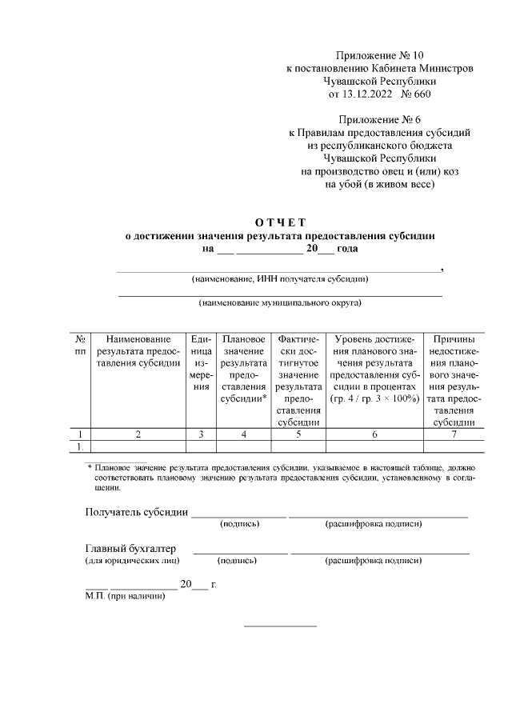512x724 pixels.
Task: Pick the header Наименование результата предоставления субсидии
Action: click(x=138, y=351)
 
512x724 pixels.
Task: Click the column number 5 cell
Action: click(x=298, y=434)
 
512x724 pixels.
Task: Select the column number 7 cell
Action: click(x=454, y=434)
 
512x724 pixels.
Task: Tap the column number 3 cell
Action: click(x=202, y=434)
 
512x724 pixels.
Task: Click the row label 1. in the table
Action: click(x=80, y=446)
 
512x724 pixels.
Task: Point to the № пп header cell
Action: click(x=80, y=346)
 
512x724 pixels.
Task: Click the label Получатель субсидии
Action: click(x=137, y=512)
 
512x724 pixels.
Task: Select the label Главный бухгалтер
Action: click(x=130, y=549)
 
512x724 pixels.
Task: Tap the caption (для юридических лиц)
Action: click(x=132, y=561)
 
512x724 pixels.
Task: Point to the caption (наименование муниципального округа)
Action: click(x=280, y=303)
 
